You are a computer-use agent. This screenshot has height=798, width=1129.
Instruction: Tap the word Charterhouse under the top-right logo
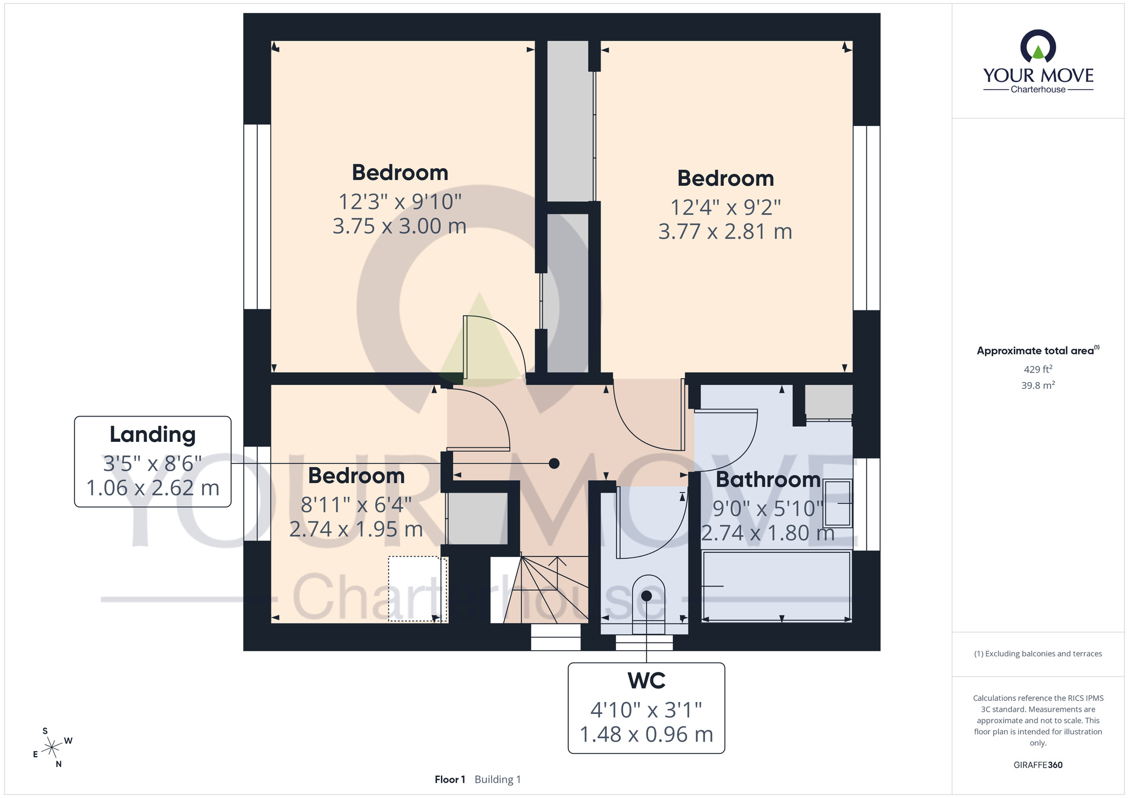1038,89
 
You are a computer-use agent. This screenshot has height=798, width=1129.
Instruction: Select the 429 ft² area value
1038,369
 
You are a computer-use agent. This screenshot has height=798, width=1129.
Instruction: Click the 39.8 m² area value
1038,385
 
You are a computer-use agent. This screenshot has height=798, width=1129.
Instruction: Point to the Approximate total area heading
1038,350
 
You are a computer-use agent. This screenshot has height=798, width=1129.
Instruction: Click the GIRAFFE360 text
1038,765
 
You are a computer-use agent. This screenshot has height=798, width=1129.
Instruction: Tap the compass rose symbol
52,748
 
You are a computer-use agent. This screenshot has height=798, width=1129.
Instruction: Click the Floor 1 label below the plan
450,779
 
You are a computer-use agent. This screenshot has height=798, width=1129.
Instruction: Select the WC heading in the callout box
646,681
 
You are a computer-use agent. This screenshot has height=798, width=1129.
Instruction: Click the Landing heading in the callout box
152,435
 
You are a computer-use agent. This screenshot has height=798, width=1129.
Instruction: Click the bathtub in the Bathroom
776,586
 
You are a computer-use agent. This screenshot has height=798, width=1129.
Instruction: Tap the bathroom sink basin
838,503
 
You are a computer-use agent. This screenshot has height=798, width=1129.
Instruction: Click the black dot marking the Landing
554,463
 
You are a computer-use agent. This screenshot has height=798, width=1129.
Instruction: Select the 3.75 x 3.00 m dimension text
400,226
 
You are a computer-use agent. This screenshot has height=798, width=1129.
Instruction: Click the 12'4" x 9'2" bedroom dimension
725,207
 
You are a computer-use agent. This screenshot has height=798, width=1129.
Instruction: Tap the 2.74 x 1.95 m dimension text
356,529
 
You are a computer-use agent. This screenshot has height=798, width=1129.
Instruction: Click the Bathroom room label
768,480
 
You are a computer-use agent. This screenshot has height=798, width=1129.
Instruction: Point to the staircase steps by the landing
539,590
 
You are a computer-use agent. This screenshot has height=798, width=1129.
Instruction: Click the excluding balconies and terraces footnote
1038,654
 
